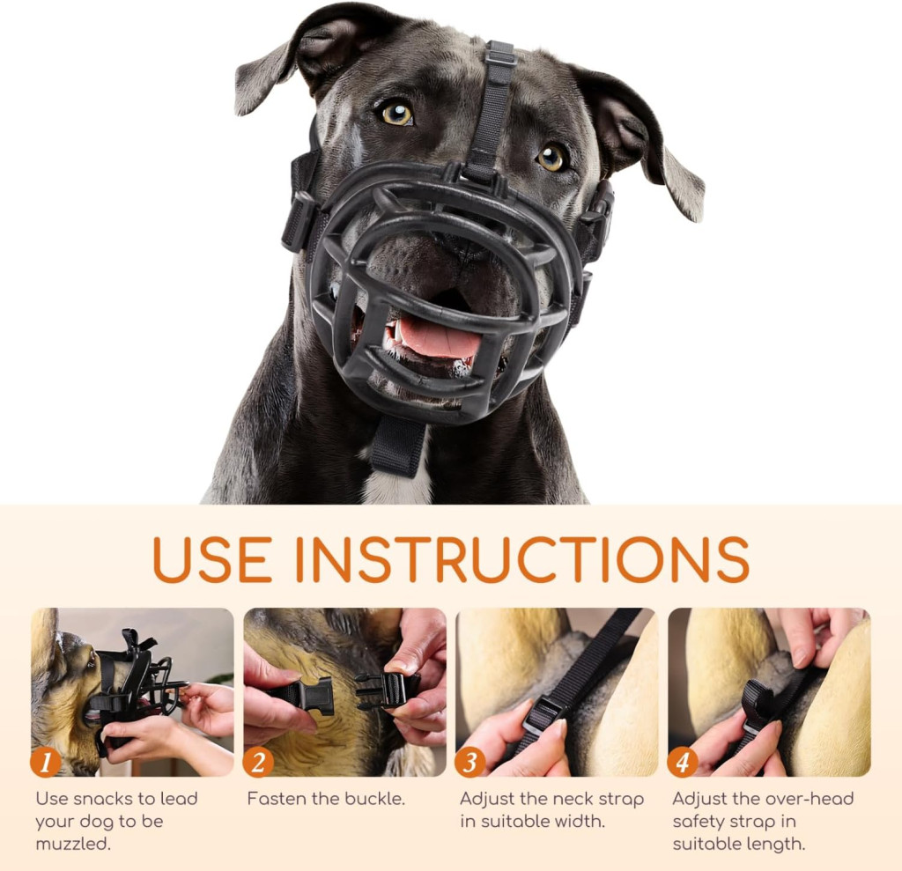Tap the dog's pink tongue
pyautogui.click(x=439, y=337)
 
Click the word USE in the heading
pyautogui.click(x=211, y=558)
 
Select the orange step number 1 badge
pyautogui.click(x=46, y=763)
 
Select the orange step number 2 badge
pyautogui.click(x=258, y=763)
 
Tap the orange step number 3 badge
pyautogui.click(x=470, y=763)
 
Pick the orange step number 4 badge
pyautogui.click(x=683, y=763)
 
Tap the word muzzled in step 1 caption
pyautogui.click(x=72, y=844)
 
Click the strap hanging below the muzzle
pyautogui.click(x=397, y=446)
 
